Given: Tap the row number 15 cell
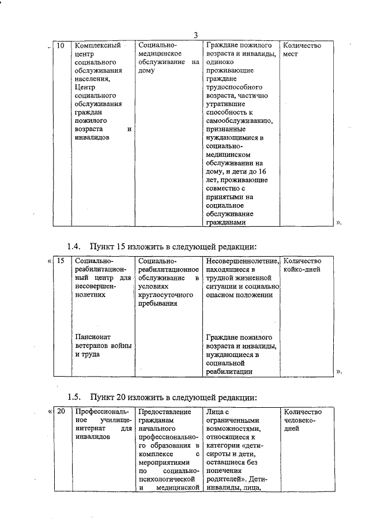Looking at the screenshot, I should (61, 261).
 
